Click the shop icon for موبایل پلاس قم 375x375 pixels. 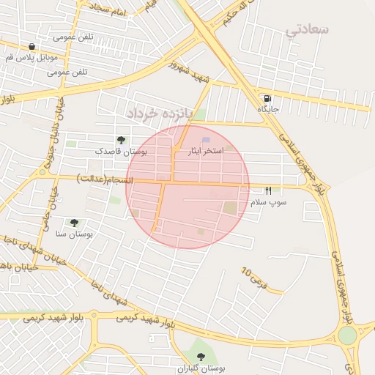pyautogui.click(x=30, y=46)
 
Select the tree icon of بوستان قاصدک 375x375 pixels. pyautogui.click(x=121, y=139)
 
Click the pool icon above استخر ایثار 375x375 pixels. pyautogui.click(x=206, y=139)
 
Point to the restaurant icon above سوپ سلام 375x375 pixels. pyautogui.click(x=268, y=190)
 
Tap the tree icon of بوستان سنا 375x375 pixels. pyautogui.click(x=74, y=222)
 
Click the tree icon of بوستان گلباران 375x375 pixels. pyautogui.click(x=201, y=357)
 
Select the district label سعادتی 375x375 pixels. pyautogui.click(x=308, y=29)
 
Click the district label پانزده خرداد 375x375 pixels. pyautogui.click(x=157, y=114)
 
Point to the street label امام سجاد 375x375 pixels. pyautogui.click(x=110, y=10)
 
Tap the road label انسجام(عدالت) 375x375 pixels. pyautogui.click(x=106, y=179)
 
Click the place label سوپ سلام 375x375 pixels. pyautogui.click(x=269, y=201)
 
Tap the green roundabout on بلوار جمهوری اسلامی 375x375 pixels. pyautogui.click(x=347, y=335)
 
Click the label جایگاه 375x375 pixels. pyautogui.click(x=268, y=108)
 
